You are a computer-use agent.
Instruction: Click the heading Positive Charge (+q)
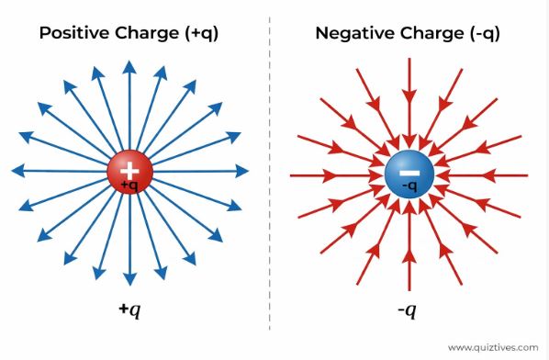pyautogui.click(x=129, y=33)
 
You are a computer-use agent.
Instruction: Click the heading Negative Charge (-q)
pyautogui.click(x=407, y=33)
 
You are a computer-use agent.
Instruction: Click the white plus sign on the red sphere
pyautogui.click(x=129, y=168)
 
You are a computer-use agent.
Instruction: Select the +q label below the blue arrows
pyautogui.click(x=129, y=310)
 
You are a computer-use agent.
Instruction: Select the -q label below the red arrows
pyautogui.click(x=407, y=310)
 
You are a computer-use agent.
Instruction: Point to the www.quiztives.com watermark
pyautogui.click(x=491, y=347)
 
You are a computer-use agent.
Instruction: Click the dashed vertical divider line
pyautogui.click(x=270, y=184)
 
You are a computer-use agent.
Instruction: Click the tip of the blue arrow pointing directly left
pyautogui.click(x=16, y=171)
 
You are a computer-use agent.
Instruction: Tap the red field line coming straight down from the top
pyautogui.click(x=409, y=101)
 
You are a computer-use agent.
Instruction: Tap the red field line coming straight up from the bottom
pyautogui.click(x=409, y=248)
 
